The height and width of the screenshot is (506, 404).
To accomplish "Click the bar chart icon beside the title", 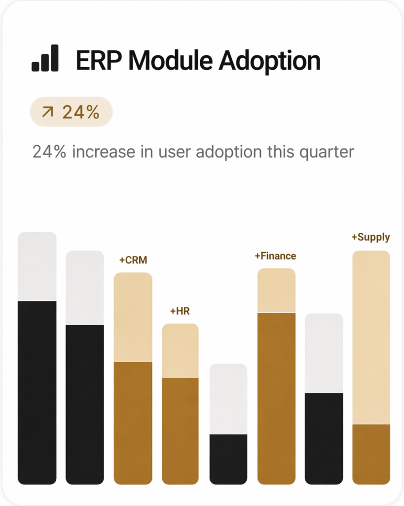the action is click(x=45, y=58).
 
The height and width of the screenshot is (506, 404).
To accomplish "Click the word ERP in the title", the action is click(x=99, y=60).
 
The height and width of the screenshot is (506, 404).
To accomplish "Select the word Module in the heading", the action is click(x=170, y=60).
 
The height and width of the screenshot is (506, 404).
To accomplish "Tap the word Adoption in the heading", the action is click(x=270, y=61).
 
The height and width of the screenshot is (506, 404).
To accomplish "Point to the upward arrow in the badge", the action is click(x=48, y=112).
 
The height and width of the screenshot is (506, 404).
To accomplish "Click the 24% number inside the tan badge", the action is click(x=81, y=112).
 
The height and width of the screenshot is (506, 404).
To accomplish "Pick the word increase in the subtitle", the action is click(x=104, y=152).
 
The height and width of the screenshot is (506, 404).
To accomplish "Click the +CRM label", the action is click(x=133, y=260).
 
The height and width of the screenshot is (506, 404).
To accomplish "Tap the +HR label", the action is click(x=180, y=311).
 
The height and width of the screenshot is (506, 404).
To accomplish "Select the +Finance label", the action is click(x=275, y=256).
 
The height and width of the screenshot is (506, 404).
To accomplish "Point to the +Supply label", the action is click(x=370, y=238).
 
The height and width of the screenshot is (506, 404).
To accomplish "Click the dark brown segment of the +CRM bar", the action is click(x=133, y=423).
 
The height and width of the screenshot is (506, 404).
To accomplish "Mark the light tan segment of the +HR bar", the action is click(x=180, y=350).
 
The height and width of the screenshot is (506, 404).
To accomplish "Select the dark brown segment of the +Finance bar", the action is click(x=276, y=399).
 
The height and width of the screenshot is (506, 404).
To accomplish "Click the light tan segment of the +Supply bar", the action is click(x=371, y=337).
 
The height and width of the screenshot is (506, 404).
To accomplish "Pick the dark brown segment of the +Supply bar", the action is click(x=371, y=455).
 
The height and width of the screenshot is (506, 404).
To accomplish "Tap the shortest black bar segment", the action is click(x=228, y=459).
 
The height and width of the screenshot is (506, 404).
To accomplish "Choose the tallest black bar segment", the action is click(x=37, y=393).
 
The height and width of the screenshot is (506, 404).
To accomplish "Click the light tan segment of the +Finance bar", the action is click(x=276, y=291).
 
